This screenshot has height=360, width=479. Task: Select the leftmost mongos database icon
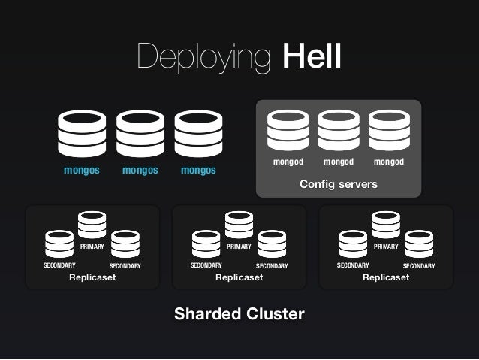pos(82,134)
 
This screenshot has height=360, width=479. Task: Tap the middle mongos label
pos(140,170)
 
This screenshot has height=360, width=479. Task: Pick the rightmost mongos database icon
pos(198,134)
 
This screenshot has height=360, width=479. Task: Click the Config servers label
pos(338,184)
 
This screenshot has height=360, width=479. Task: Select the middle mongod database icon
pos(338,131)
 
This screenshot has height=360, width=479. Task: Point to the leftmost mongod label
pos(288,162)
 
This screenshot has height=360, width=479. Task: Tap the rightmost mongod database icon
pos(388,131)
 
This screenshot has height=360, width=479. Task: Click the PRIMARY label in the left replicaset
pos(92,246)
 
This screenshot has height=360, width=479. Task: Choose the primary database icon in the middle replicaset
pos(239,225)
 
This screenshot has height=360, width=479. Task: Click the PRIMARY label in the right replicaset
pos(386,246)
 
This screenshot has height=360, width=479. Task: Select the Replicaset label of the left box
pos(92,278)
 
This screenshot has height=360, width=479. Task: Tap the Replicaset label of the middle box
pos(239,278)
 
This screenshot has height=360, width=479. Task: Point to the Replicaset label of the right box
pos(386,278)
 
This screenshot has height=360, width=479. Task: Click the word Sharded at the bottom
pos(204,313)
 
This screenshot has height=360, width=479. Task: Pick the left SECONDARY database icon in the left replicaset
pos(59,244)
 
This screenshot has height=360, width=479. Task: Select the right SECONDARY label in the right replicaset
pos(419,266)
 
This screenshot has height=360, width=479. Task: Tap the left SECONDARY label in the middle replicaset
pos(206,265)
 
